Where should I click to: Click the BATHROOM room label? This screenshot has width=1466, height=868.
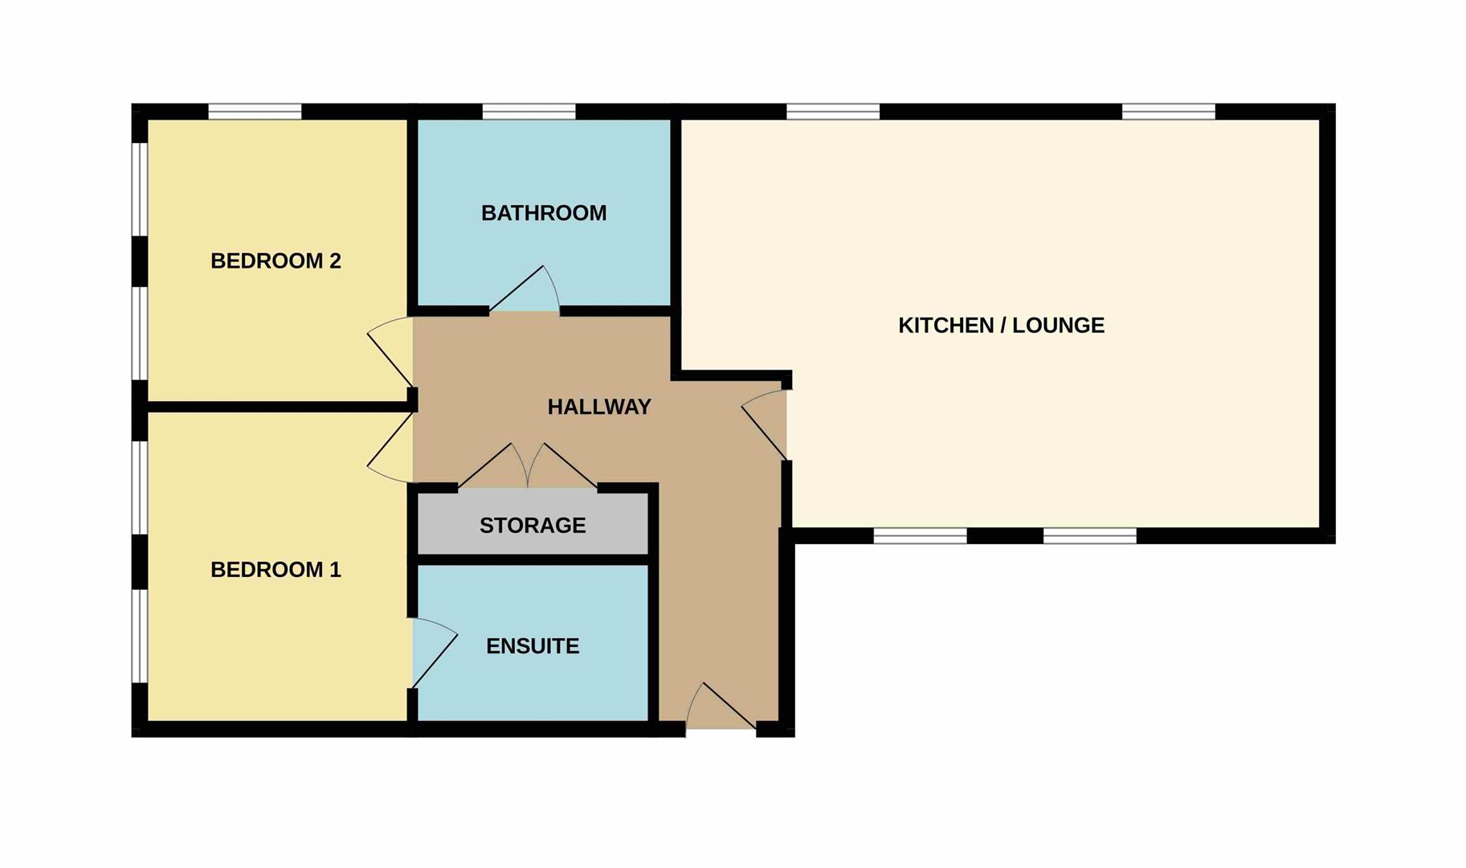click(544, 213)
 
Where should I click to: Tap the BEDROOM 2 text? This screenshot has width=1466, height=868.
click(276, 260)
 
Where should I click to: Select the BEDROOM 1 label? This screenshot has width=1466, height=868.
click(276, 570)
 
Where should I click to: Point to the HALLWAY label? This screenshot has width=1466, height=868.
click(599, 407)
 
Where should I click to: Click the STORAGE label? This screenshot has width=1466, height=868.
click(533, 526)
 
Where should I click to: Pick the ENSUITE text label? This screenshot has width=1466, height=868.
click(533, 646)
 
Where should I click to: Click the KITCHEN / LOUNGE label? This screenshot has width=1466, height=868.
click(1001, 325)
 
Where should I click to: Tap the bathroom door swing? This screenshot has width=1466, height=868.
click(524, 289)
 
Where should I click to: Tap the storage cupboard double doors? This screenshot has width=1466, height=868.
click(528, 465)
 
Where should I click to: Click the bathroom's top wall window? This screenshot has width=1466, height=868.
click(529, 111)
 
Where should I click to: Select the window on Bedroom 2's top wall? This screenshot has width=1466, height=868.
click(255, 111)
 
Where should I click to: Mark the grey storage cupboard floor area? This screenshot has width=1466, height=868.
click(533, 523)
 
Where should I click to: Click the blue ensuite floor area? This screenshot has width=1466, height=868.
click(533, 643)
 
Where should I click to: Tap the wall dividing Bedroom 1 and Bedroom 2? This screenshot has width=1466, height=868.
click(278, 407)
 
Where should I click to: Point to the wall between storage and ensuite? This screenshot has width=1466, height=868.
click(533, 559)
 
